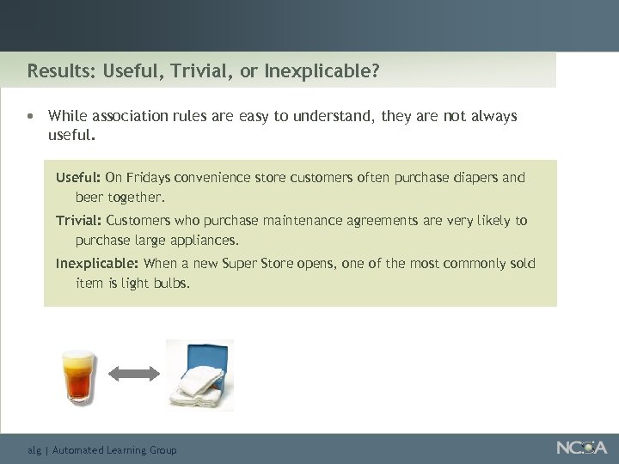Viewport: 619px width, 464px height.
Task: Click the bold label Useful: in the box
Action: tap(78, 178)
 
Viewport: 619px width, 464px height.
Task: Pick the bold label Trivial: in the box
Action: tap(79, 221)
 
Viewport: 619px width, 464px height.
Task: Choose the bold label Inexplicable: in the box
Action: tap(97, 264)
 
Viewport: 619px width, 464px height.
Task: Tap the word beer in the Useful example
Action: tap(89, 197)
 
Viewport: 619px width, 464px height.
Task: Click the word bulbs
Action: tap(171, 283)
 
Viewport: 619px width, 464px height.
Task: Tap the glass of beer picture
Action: tap(78, 376)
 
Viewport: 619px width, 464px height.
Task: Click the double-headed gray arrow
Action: tap(135, 373)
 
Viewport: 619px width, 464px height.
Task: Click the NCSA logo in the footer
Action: tap(581, 448)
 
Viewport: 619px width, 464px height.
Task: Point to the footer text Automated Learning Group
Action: tap(113, 449)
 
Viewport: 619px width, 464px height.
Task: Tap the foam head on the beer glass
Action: tap(78, 359)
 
